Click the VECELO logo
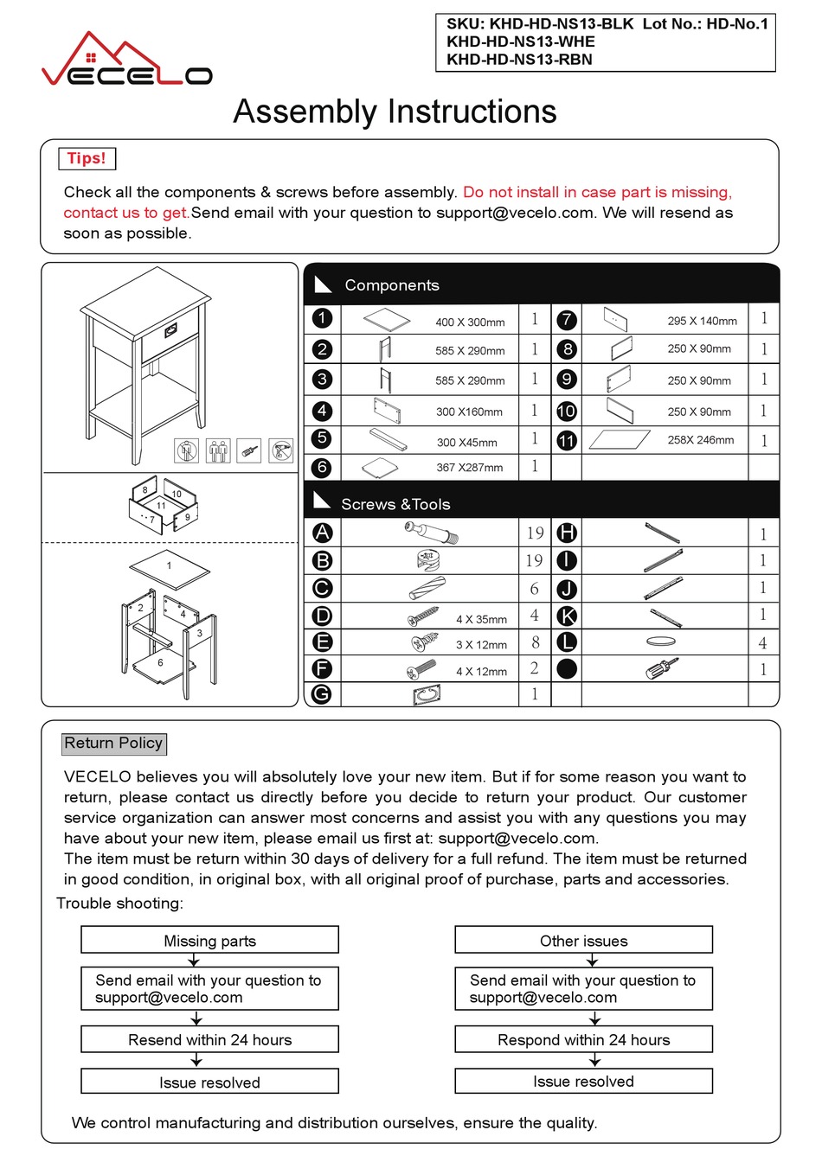coord(126,62)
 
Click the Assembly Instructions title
coord(395,112)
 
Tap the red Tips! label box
coord(87,158)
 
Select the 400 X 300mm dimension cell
coord(470,322)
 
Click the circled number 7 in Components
coord(566,319)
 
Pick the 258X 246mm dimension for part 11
coord(700,440)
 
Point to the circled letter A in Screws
coord(322,533)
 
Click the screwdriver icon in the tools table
coord(662,668)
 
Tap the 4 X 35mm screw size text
coord(481,619)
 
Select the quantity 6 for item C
coord(534,589)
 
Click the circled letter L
coord(567,642)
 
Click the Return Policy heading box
coord(113,744)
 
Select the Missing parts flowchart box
coord(209,941)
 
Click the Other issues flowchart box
coord(583,941)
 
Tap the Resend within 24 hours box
coord(209,1039)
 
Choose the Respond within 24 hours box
coord(583,1039)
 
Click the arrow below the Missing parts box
coord(194,961)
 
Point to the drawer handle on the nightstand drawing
coord(170,329)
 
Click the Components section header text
coord(391,285)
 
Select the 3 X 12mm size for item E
coord(481,645)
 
